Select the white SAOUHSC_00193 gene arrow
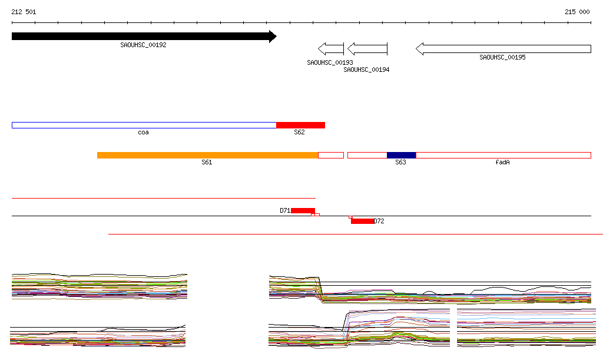331,48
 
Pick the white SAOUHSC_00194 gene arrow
367,48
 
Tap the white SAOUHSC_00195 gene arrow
503,48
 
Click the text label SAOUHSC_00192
143,45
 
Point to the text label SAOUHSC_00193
330,62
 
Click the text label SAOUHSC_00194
366,70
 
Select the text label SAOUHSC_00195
502,57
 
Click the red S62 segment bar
300,125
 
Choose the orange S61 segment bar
207,155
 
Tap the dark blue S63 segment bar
401,155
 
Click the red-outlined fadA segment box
503,155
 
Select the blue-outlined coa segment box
144,125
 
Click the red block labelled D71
303,210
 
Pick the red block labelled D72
362,221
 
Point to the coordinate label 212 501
24,12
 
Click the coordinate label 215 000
577,12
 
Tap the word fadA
502,162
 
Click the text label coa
143,133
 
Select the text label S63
400,162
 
